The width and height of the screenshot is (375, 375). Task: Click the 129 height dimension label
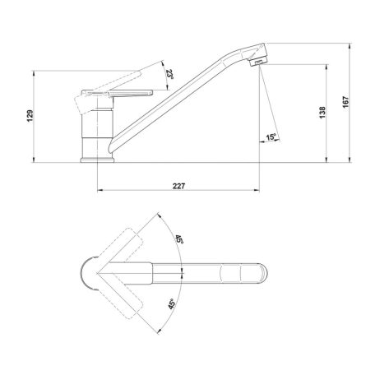tap(30, 116)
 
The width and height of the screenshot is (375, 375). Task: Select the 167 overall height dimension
tap(346, 102)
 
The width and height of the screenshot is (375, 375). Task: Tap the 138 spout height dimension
tap(322, 113)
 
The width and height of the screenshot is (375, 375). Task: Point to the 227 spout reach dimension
tap(178, 186)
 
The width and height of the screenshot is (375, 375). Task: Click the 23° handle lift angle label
tap(169, 74)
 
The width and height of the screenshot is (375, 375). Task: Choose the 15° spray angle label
tap(271, 137)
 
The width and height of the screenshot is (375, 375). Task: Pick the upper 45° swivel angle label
tap(179, 238)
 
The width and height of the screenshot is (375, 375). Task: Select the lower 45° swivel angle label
tap(172, 304)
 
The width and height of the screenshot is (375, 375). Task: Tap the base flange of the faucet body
tap(97, 160)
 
